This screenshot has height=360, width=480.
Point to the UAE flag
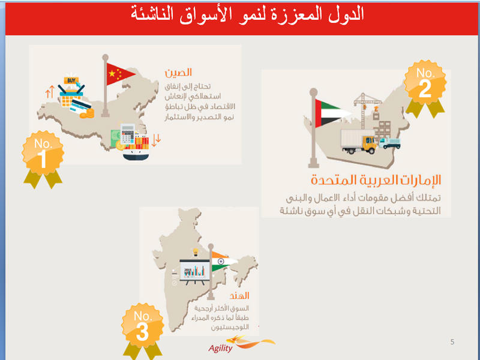[x=332, y=113]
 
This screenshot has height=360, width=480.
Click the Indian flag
[x=223, y=262]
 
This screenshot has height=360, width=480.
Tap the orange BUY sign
[x=71, y=80]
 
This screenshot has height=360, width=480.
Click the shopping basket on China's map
[x=71, y=96]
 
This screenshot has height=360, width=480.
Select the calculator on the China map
[x=128, y=134]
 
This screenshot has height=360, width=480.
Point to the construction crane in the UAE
[x=367, y=110]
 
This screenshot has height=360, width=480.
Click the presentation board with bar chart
[x=194, y=272]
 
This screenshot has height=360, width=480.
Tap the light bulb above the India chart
[x=196, y=252]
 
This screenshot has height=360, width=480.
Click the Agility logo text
[x=220, y=348]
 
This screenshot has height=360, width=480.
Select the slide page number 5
[x=452, y=341]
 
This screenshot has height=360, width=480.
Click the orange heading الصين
[x=178, y=73]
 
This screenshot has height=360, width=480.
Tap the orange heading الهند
[x=239, y=295]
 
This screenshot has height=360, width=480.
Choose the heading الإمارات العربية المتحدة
[x=376, y=179]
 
